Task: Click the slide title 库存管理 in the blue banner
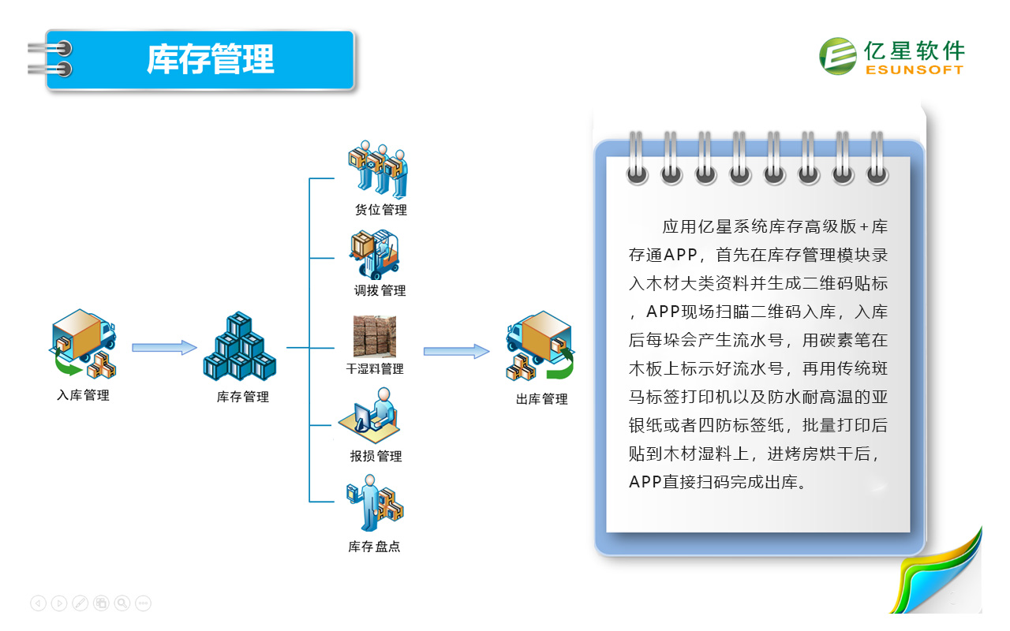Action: coord(210,58)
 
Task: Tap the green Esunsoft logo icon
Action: coord(837,56)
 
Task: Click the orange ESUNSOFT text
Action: coord(915,70)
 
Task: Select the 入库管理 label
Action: coord(83,395)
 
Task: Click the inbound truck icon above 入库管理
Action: coord(83,343)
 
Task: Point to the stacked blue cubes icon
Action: coord(239,346)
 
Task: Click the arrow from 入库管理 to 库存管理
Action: coord(164,348)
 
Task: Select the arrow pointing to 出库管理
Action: coord(456,351)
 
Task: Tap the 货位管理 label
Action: coord(381,210)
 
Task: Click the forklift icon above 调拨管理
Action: coord(374,254)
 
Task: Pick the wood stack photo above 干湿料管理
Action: coord(375,336)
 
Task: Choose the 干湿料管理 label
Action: coord(375,369)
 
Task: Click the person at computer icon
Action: coord(369,415)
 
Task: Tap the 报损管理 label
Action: coord(376,456)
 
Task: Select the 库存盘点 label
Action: coord(374,547)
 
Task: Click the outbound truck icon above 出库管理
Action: coord(541,345)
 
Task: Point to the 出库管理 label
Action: coord(541,399)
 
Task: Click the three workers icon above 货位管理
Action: coord(378,169)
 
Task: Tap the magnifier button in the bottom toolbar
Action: coord(122,603)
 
